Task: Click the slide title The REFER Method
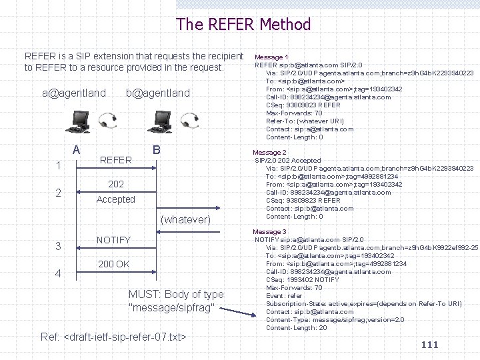click(243, 25)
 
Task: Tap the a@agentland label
click(74, 93)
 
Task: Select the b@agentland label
click(158, 93)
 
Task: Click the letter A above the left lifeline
click(77, 150)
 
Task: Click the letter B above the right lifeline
click(156, 150)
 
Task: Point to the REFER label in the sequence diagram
click(115, 160)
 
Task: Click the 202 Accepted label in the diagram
click(115, 192)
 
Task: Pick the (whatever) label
click(186, 219)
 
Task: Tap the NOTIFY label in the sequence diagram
click(113, 240)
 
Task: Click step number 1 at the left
click(59, 165)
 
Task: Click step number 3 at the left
click(59, 246)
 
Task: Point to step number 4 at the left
click(59, 273)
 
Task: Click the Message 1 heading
click(271, 57)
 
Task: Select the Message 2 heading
click(269, 153)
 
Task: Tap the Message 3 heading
click(269, 231)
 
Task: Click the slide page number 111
click(430, 344)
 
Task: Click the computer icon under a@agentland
click(80, 121)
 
